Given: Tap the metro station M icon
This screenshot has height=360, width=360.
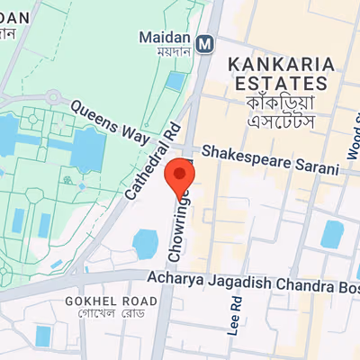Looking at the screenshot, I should (206, 41).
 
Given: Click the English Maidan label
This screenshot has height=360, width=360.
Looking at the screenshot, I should (166, 38).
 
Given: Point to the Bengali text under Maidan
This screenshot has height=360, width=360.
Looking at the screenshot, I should (166, 53).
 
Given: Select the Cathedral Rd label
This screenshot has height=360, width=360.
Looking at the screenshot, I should (147, 167).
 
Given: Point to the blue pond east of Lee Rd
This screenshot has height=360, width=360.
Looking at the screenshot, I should (333, 235).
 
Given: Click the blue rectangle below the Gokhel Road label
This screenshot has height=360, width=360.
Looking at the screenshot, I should (42, 336).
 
